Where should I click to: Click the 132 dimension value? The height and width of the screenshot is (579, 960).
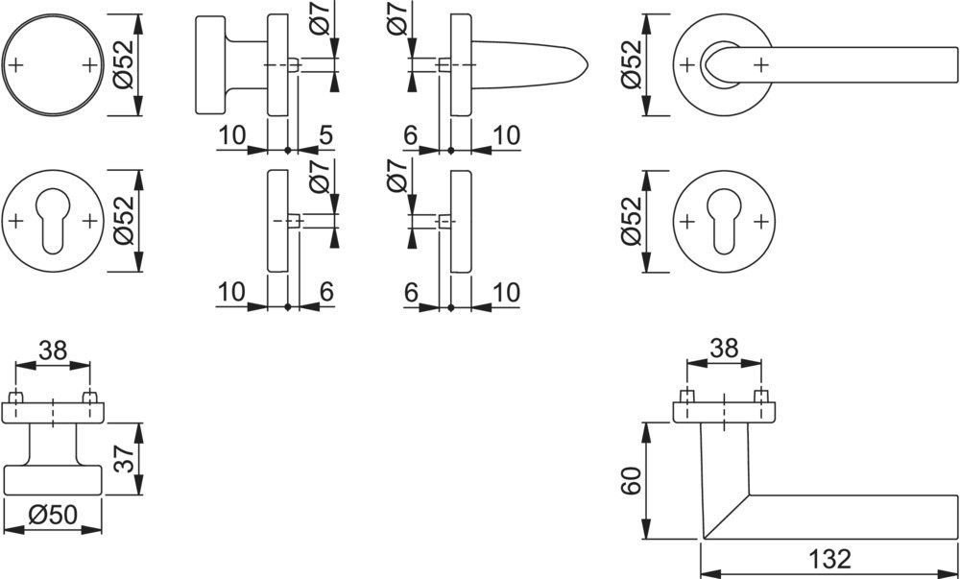point(829,558)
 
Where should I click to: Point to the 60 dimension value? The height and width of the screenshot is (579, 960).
point(630,480)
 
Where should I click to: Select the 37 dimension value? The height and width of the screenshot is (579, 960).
point(125,458)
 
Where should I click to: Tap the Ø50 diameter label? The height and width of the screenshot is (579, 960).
point(53,516)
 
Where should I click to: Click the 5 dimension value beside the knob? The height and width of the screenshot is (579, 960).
point(325,134)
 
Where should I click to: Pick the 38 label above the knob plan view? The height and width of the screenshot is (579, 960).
point(53,350)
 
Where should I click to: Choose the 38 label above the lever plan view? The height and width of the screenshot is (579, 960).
point(724,349)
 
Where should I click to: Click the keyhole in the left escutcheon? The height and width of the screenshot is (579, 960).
point(53,220)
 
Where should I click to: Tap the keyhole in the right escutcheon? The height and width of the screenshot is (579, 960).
point(724,220)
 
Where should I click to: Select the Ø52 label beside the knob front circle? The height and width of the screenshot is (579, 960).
point(125,64)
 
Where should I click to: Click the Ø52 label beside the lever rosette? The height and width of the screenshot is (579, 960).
point(632,64)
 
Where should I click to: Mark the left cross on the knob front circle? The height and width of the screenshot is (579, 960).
point(16,64)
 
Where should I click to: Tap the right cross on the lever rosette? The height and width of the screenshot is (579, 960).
point(760,64)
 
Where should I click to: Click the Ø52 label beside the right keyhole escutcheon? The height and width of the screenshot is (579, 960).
point(632,220)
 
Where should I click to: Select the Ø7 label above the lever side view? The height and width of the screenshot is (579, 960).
point(398,18)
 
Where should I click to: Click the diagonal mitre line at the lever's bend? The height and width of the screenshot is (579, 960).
point(726,516)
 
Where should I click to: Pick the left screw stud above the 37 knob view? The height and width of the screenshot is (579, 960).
point(16,396)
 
